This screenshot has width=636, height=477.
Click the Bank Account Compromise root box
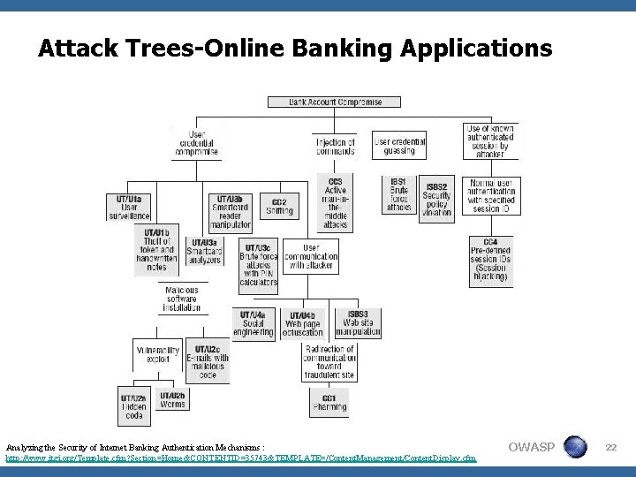point(337,102)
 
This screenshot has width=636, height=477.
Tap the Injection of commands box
point(336,147)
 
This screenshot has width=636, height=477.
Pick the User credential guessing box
point(402,147)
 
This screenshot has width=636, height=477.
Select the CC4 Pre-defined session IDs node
point(490,260)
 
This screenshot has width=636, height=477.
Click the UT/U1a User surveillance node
point(129,206)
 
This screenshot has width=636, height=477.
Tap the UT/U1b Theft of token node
point(156,248)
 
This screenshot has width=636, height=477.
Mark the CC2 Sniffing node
point(279,206)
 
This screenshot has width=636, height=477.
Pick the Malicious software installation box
point(181,299)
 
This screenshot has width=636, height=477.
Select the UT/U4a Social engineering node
point(254,324)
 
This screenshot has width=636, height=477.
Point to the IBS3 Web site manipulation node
point(358,323)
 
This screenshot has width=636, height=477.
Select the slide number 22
point(609,448)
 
